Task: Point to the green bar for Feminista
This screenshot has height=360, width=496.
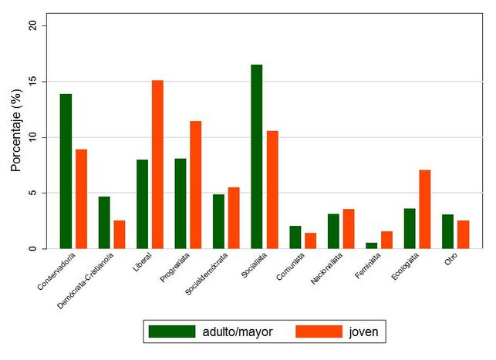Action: tap(372, 246)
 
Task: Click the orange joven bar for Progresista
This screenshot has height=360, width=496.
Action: tap(196, 185)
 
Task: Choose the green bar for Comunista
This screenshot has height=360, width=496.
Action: tap(295, 237)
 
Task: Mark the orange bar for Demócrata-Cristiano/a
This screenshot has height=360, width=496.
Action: tap(120, 234)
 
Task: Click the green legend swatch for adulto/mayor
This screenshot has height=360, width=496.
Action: tap(173, 331)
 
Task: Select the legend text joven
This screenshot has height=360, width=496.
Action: tap(362, 331)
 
